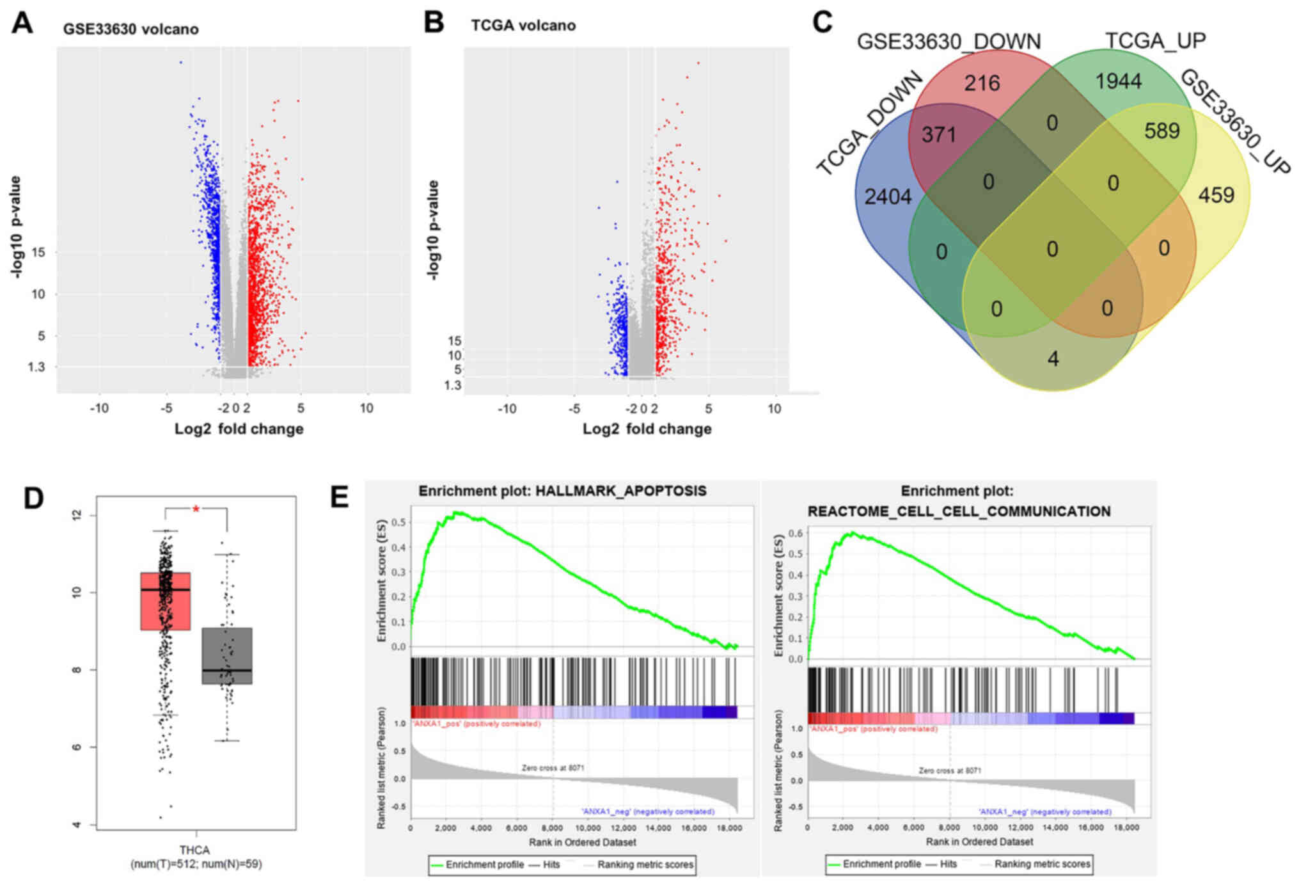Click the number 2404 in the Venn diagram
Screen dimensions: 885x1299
pyautogui.click(x=888, y=196)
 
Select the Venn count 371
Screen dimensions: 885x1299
pyautogui.click(x=938, y=134)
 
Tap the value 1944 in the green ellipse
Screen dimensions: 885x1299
pyautogui.click(x=1118, y=81)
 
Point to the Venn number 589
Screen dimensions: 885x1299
pyautogui.click(x=1161, y=131)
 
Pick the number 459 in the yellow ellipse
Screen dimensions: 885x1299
pyautogui.click(x=1216, y=195)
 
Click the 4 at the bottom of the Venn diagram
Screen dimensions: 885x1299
pyautogui.click(x=1053, y=358)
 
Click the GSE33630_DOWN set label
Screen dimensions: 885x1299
pyautogui.click(x=949, y=42)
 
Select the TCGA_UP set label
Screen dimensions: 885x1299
pyautogui.click(x=1155, y=40)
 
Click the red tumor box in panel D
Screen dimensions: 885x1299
pyautogui.click(x=165, y=602)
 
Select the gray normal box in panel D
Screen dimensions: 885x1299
pyautogui.click(x=227, y=656)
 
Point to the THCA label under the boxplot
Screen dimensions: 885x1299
pyautogui.click(x=194, y=850)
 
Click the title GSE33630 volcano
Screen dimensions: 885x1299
pyautogui.click(x=130, y=29)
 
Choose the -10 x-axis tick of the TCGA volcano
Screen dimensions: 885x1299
pyautogui.click(x=507, y=408)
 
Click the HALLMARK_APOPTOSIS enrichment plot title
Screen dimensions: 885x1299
pyautogui.click(x=562, y=491)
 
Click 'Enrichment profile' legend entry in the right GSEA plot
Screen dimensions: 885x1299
pyautogui.click(x=881, y=864)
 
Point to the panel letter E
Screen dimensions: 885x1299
pyautogui.click(x=340, y=497)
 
